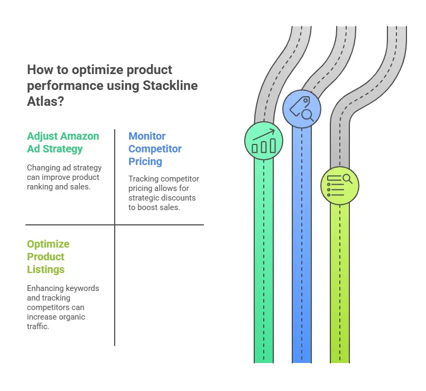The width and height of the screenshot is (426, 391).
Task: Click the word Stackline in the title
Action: [170, 85]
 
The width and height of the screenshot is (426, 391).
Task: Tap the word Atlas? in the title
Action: [45, 101]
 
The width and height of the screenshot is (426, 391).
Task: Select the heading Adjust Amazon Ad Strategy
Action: [63, 142]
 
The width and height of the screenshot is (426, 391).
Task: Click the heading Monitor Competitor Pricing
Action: [155, 149]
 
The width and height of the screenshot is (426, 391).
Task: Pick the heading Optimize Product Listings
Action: [48, 257]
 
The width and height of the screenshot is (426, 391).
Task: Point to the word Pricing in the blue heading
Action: [145, 161]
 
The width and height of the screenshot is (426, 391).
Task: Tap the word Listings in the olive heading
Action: [45, 269]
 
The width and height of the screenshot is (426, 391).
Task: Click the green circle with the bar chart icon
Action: [264, 141]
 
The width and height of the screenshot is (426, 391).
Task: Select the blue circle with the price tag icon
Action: [302, 109]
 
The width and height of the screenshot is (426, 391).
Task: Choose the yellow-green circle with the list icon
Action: [340, 186]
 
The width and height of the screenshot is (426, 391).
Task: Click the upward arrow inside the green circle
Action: [264, 135]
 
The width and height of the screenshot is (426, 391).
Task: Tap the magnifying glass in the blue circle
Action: [308, 115]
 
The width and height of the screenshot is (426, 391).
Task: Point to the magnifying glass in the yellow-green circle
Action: [347, 179]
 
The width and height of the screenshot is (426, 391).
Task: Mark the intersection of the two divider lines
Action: [115, 225]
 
